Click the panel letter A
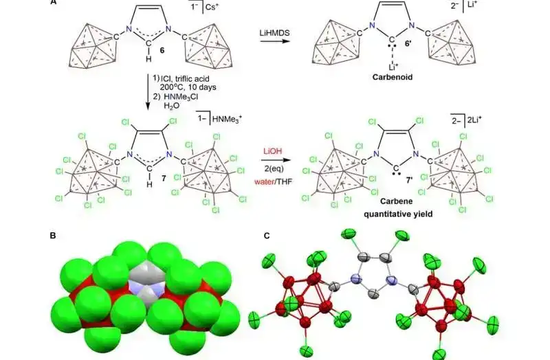[53, 3]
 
